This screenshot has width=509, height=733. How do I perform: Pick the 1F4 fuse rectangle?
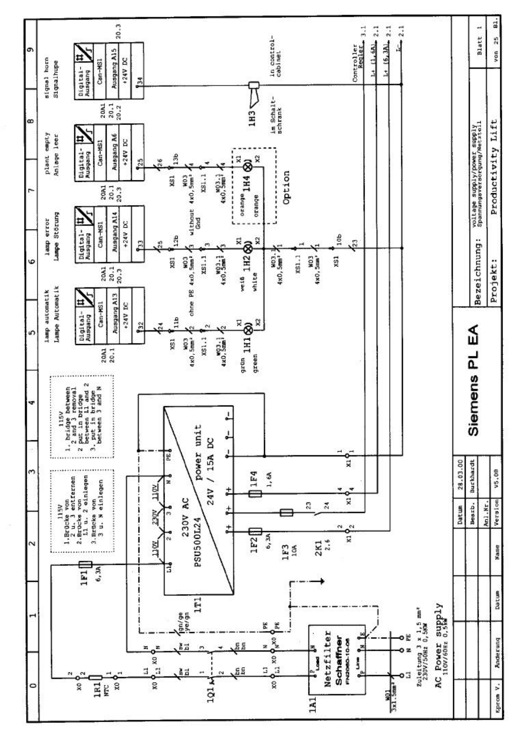point(255,494)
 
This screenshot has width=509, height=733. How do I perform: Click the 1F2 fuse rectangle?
point(255,531)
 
